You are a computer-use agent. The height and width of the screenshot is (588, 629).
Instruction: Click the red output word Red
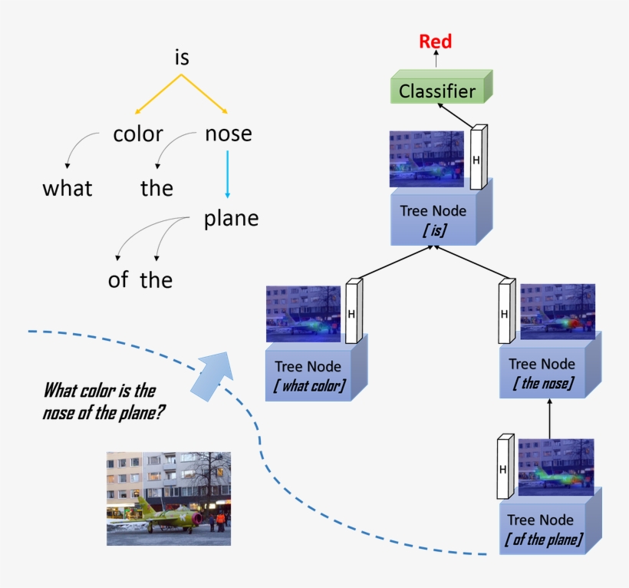point(435,41)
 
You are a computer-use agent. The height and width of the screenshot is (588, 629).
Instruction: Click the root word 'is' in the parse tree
point(181,58)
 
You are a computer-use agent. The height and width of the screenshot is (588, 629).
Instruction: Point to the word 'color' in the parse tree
point(138,134)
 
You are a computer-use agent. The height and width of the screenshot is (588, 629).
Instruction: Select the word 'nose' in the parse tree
point(228,134)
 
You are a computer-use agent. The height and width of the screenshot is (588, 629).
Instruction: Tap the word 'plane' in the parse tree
point(231,219)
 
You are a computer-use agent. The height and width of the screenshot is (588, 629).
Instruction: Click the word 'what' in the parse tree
point(68,188)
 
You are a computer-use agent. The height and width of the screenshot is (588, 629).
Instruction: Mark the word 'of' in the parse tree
point(118,280)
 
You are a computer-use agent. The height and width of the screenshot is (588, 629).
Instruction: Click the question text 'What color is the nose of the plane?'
point(104,401)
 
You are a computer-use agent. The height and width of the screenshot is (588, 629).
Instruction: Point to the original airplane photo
point(168,498)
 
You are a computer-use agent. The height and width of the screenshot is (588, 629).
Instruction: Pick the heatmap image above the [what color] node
point(303,313)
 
